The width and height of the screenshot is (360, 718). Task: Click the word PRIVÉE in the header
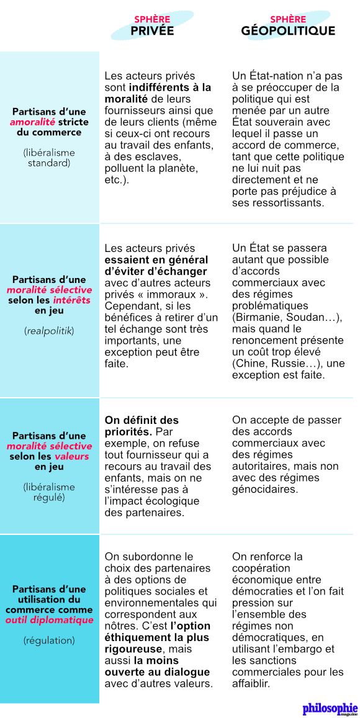click(152, 31)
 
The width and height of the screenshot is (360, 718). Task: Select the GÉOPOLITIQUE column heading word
click(288, 31)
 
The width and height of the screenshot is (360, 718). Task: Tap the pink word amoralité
click(32, 122)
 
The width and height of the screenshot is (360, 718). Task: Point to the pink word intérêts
click(70, 300)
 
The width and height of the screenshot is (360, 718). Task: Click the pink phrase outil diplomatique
click(49, 620)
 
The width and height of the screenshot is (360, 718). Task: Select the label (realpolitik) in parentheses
click(49, 331)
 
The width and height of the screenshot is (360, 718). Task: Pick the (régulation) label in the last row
click(49, 640)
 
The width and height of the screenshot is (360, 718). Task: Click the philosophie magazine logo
click(330, 708)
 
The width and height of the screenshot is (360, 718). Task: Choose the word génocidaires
click(264, 490)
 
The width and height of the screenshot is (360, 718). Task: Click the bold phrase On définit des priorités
click(142, 426)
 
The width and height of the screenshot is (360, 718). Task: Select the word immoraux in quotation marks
click(177, 294)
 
